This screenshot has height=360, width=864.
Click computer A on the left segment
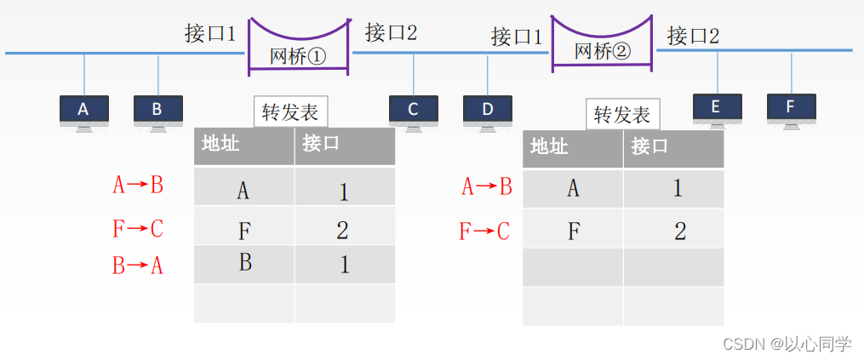83,110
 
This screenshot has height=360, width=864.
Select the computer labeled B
157,110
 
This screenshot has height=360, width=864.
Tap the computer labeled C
414,110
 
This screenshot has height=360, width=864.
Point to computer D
488,110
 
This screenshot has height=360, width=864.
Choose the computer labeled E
717,107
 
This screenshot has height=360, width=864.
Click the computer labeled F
791,107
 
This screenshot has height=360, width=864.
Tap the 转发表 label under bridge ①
290,112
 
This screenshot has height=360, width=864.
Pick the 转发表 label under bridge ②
622,114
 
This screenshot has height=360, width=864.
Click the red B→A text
138,266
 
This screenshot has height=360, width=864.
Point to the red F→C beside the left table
138,229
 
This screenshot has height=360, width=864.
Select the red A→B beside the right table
486,187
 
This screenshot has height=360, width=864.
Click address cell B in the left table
245,263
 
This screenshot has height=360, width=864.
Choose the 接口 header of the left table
321,144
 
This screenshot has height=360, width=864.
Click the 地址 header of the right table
549,146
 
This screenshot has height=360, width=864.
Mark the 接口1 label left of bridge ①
210,34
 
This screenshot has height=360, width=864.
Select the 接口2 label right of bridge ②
693,36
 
